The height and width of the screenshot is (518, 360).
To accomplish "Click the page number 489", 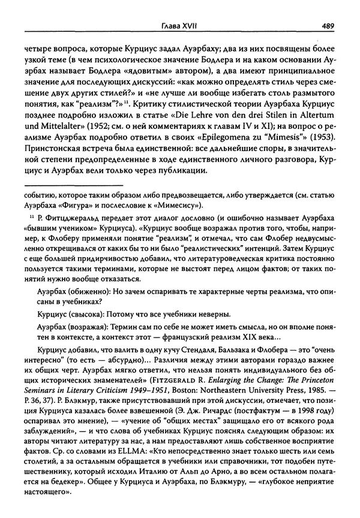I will pyautogui.click(x=328, y=25).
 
